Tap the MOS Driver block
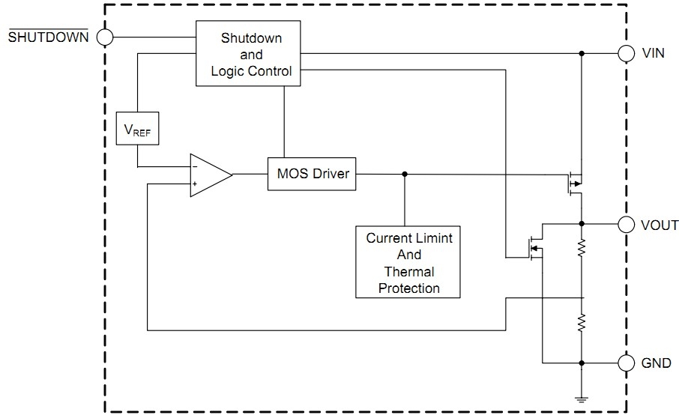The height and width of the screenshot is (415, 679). pos(312,174)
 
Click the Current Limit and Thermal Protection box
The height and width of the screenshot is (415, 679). pos(409,262)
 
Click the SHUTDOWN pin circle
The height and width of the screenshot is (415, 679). pos(105,37)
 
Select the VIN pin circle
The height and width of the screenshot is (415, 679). pos(626,54)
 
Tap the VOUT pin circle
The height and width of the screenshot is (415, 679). pos(626,224)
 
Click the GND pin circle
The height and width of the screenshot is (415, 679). pos(626,363)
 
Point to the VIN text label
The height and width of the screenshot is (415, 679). pos(654,54)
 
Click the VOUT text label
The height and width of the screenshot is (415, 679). pos(659,225)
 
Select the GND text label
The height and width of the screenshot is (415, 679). pos(656,363)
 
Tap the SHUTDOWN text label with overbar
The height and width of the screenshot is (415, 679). pos(48,37)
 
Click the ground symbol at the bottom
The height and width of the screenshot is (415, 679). pos(582,399)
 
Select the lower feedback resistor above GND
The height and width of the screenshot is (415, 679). pos(582,323)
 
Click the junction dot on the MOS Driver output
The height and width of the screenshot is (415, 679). pos(405,174)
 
